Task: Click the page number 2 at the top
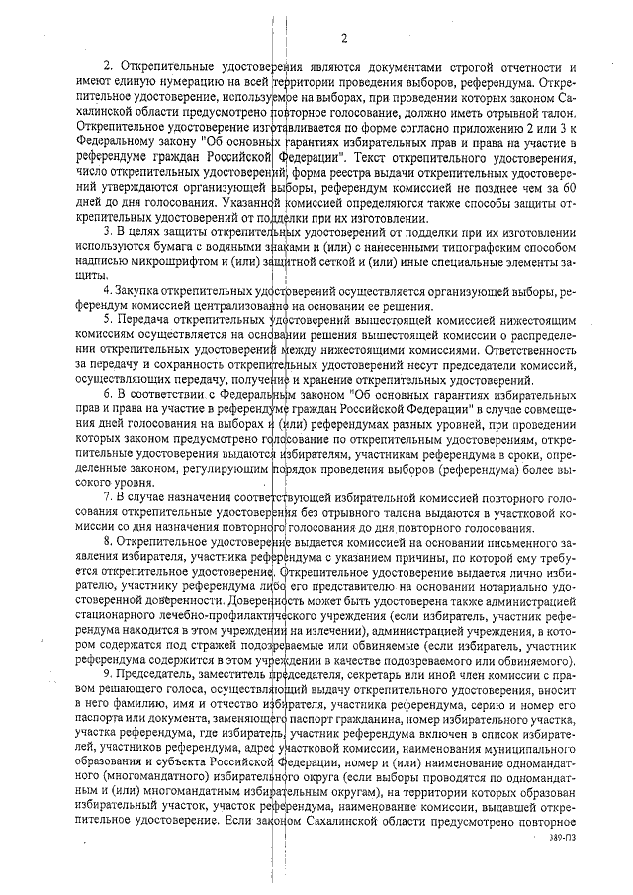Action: (x=343, y=39)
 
